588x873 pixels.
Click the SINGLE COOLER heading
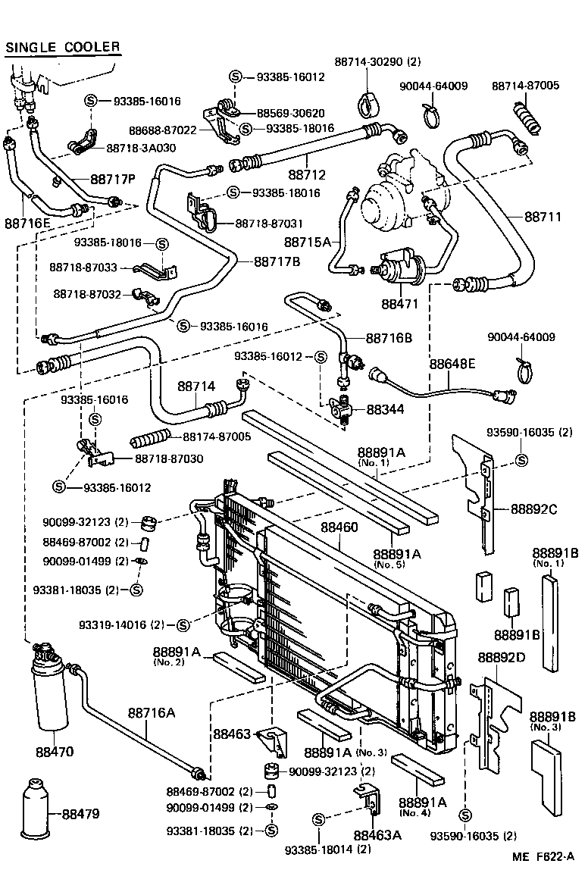[63, 47]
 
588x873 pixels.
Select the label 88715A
[308, 242]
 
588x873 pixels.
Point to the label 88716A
[152, 712]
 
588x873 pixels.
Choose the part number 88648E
[452, 364]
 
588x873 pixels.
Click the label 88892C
[533, 508]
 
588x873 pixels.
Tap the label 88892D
[501, 657]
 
